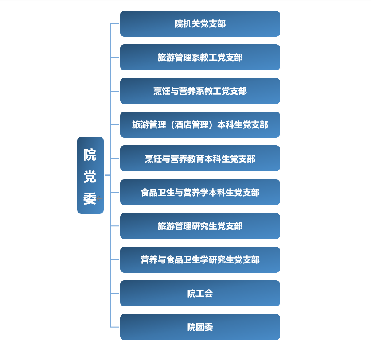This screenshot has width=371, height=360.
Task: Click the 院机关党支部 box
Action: coord(200,23)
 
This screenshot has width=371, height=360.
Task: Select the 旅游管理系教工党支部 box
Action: coord(200,57)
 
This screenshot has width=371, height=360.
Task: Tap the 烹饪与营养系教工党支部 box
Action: coord(200,91)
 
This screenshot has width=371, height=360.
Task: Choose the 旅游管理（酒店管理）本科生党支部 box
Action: coord(200,124)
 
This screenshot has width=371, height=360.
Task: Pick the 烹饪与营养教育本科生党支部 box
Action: coord(200,159)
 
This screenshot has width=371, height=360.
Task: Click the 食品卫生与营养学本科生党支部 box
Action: coord(200,192)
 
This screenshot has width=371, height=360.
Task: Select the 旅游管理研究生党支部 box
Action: coord(200,226)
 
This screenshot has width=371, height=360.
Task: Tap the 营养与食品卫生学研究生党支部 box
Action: coord(200,259)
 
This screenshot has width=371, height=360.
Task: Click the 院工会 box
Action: coord(200,293)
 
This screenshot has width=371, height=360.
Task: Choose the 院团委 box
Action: coord(200,327)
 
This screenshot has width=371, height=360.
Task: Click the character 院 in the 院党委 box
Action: coord(90,155)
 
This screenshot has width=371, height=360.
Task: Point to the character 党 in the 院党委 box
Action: coord(90,177)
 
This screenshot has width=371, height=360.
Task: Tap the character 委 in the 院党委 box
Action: coord(90,198)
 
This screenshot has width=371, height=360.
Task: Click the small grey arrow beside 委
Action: coord(99,198)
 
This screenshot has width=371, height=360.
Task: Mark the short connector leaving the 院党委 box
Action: coord(107,175)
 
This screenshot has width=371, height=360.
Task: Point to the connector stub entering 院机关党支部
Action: coord(115,23)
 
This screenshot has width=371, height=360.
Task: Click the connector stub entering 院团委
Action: coord(115,327)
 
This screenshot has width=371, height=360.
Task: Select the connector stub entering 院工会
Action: coord(115,293)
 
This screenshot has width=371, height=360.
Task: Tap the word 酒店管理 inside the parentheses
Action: coord(191,125)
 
